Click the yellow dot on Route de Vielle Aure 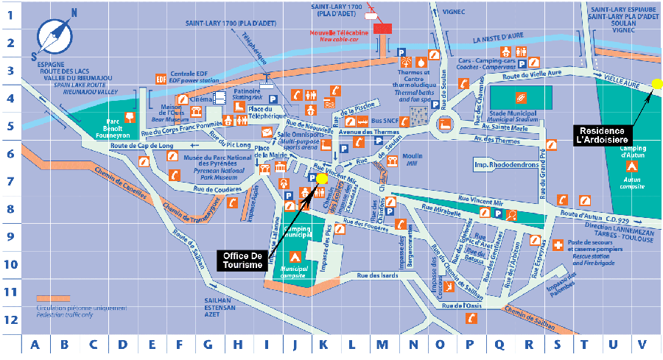657,84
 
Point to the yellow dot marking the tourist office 322,179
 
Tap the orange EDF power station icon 161,79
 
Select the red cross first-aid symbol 558,244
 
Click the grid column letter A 35,344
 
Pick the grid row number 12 10,320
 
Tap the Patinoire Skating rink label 247,94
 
